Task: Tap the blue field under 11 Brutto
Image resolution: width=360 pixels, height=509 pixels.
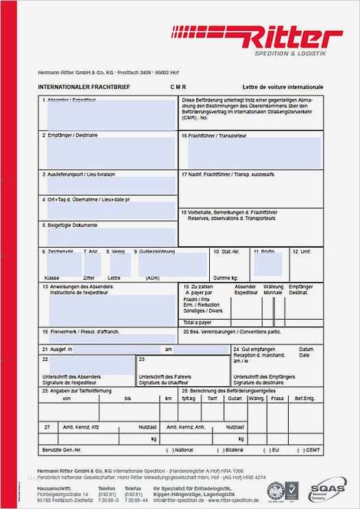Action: point(267,264)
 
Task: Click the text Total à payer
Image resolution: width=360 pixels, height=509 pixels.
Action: point(197,321)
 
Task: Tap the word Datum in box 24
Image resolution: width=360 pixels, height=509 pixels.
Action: point(306,348)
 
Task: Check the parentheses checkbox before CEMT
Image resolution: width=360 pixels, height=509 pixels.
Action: point(300,450)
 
